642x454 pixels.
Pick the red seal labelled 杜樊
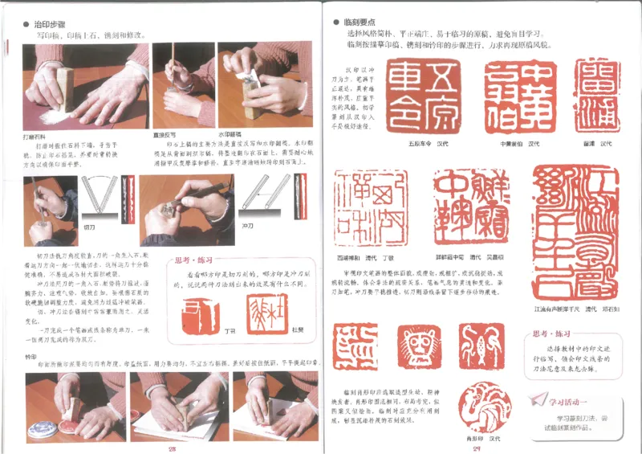pyautogui.click(x=262, y=312)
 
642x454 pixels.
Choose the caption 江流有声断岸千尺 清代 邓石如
pyautogui.click(x=577, y=307)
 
